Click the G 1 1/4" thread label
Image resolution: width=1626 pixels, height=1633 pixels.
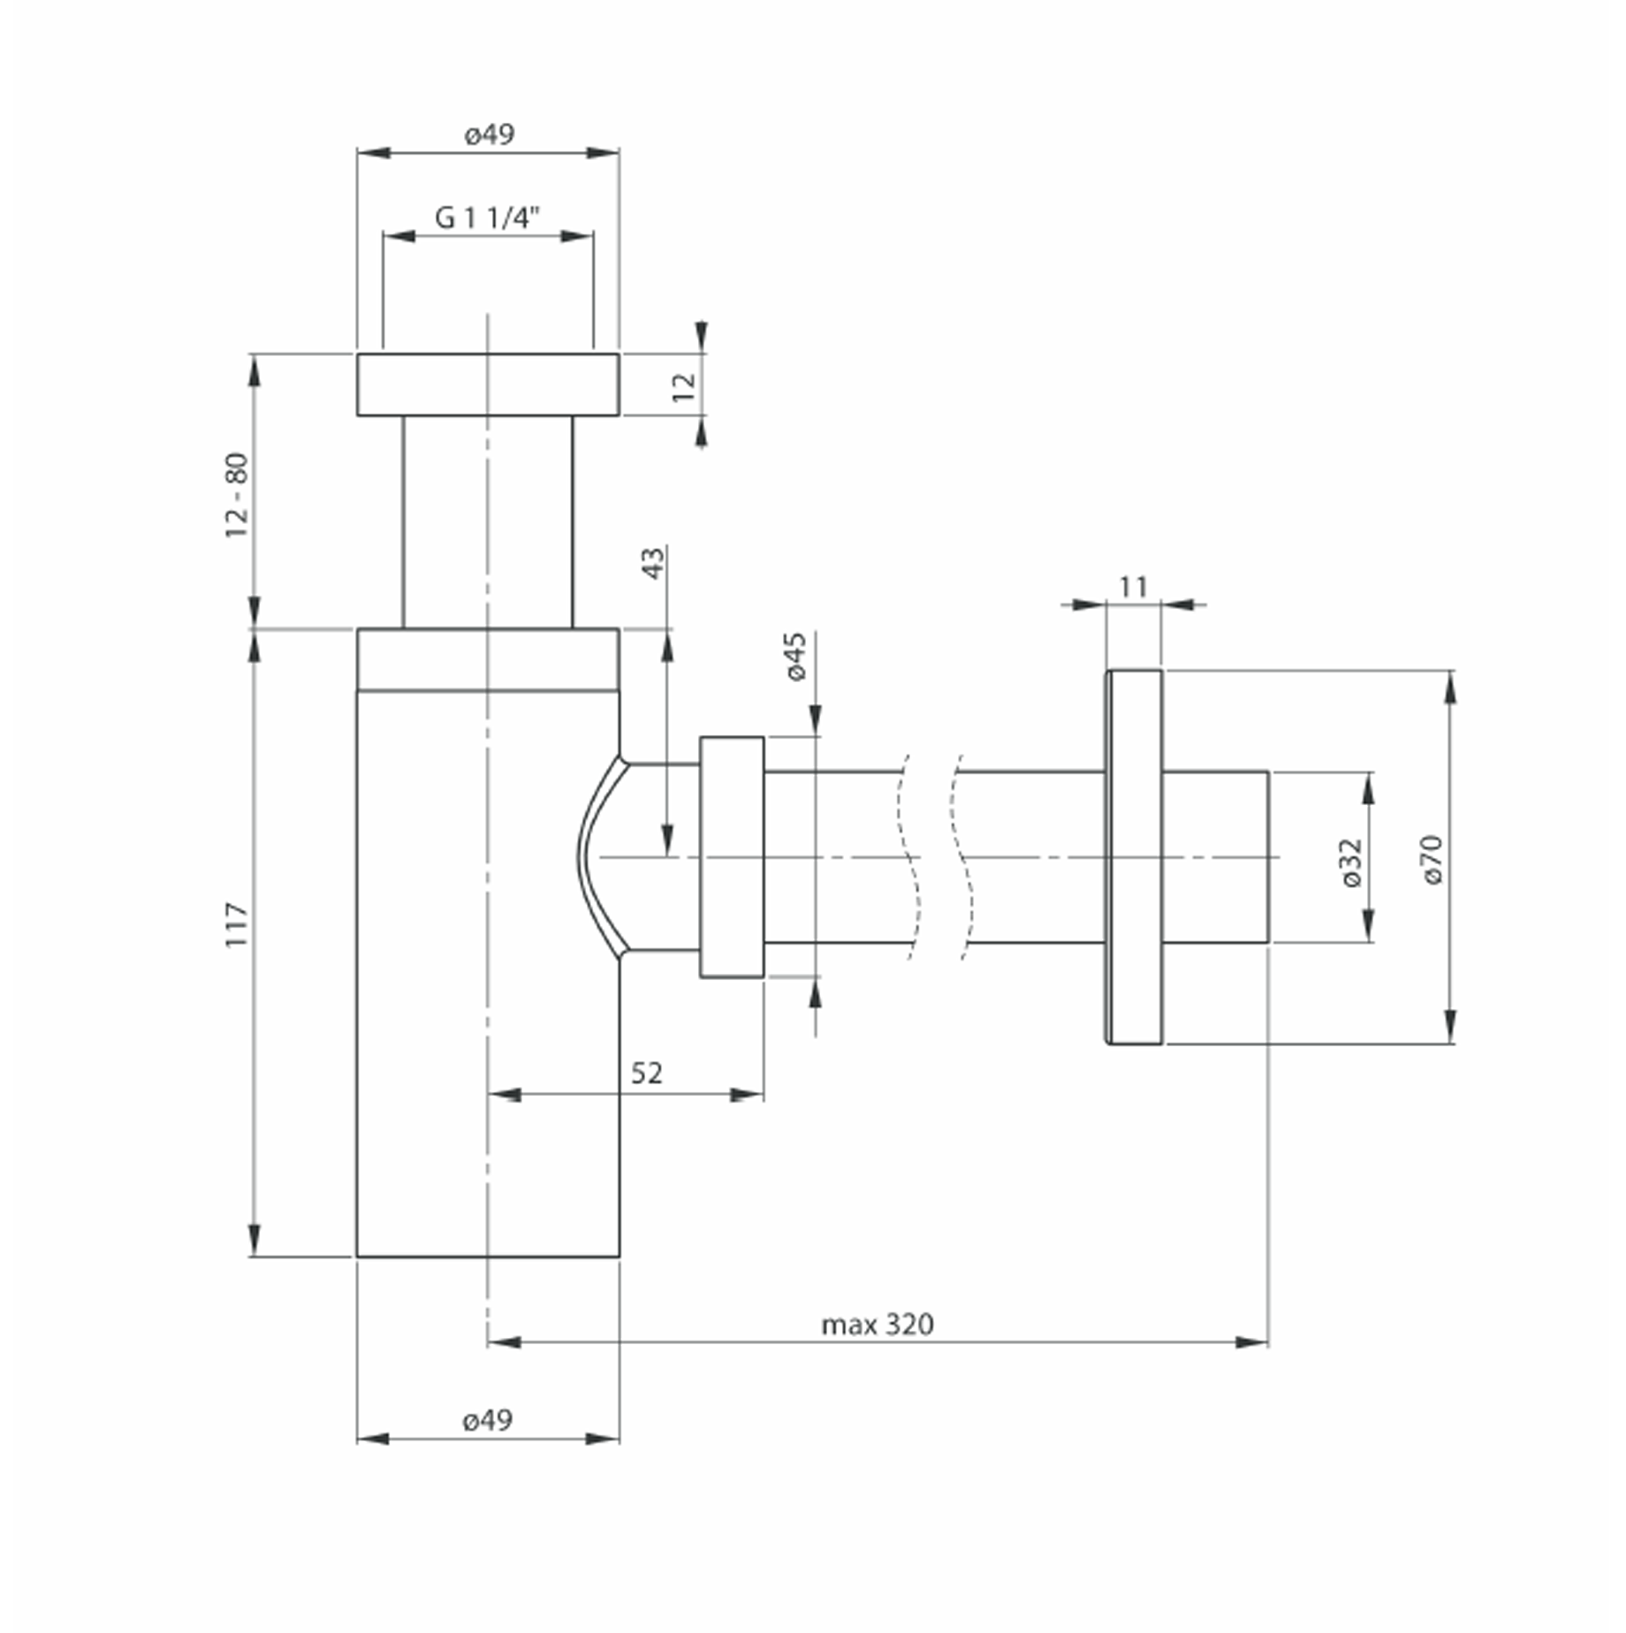click(487, 217)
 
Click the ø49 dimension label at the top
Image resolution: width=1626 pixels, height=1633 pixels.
click(489, 134)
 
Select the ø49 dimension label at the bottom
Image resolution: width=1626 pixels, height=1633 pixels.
click(487, 1420)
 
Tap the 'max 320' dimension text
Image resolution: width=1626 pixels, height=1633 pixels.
click(877, 1325)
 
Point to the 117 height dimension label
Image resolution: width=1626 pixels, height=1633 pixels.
click(237, 925)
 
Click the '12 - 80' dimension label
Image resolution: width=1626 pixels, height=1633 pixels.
click(237, 495)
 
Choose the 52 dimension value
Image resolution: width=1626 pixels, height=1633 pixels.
click(646, 1073)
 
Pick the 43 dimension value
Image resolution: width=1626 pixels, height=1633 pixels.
click(652, 564)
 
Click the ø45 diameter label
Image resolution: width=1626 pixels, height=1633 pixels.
click(795, 656)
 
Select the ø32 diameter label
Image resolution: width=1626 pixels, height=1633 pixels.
click(1350, 862)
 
